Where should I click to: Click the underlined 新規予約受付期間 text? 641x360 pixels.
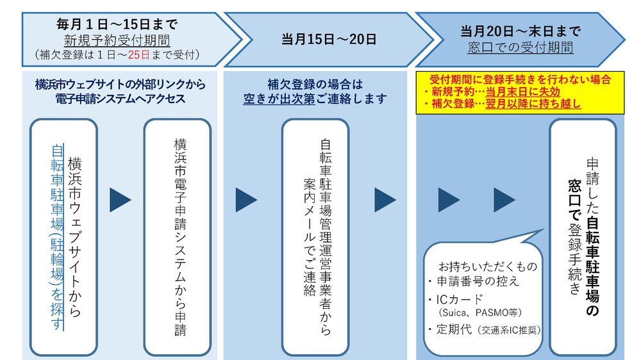point(116,40)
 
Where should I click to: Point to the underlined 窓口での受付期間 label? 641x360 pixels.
point(520,47)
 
